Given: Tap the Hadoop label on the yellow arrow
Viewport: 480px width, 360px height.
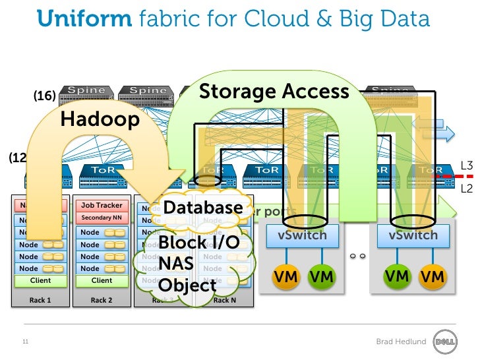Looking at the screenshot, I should click(x=100, y=119).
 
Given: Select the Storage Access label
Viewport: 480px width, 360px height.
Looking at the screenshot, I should click(x=274, y=91).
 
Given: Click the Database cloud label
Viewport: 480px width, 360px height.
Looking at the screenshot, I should click(x=203, y=207).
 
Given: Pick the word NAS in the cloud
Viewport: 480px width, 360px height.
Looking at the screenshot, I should click(x=175, y=264).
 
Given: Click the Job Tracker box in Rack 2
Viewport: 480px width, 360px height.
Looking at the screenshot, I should click(x=102, y=206).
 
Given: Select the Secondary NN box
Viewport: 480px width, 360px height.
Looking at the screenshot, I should click(x=102, y=218).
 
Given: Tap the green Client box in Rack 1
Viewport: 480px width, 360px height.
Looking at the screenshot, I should click(x=40, y=280).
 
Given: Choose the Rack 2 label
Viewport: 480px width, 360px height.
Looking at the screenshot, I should click(x=102, y=300).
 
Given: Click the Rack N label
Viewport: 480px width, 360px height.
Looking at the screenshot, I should click(x=225, y=300).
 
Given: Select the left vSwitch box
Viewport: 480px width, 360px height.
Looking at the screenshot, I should click(x=302, y=235).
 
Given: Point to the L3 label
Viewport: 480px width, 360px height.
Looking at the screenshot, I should click(x=467, y=166).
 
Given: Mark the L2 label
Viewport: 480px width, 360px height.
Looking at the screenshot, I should click(x=467, y=189).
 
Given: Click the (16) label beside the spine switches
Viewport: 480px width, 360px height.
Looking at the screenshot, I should click(x=44, y=96).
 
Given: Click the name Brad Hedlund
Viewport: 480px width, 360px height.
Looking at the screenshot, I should click(x=401, y=342).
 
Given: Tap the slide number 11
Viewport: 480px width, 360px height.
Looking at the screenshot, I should click(x=26, y=342).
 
